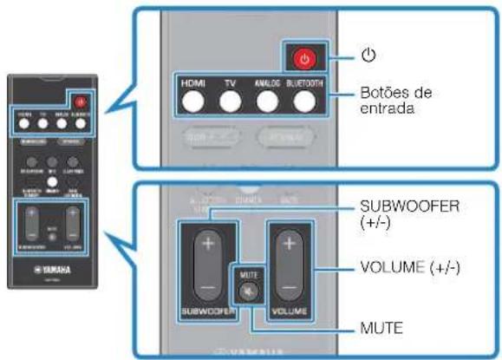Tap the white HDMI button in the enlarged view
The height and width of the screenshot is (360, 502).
192,102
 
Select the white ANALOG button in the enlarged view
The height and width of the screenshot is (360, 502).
267,102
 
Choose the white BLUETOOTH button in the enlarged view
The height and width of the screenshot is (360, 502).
303,102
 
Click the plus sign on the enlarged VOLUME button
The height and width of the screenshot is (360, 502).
290,244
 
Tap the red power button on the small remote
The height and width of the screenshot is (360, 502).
81,102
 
